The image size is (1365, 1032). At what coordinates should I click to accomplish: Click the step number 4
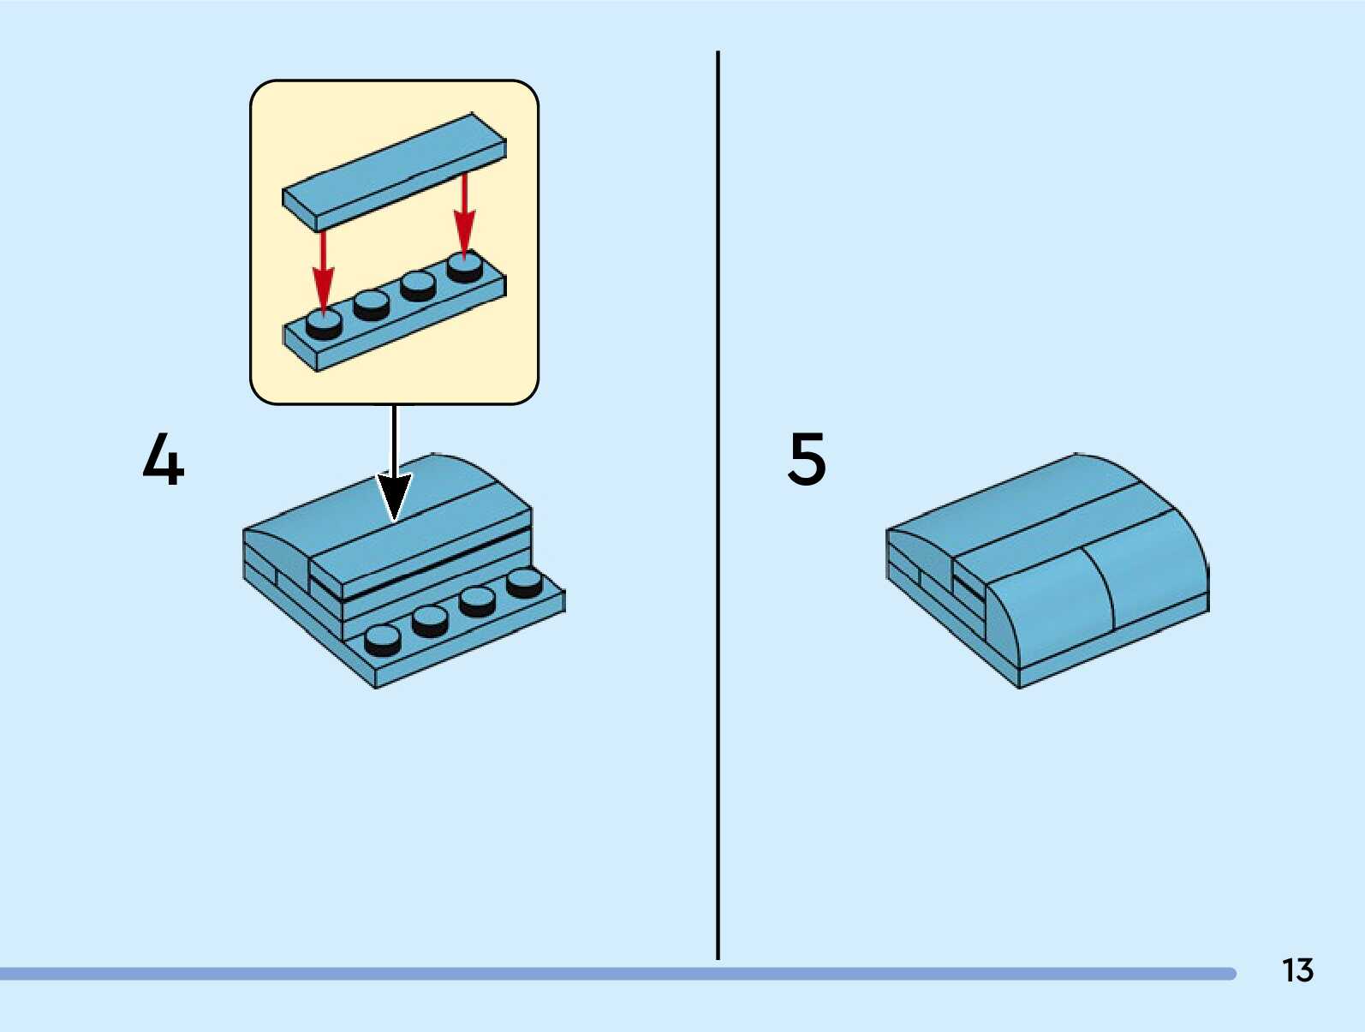[163, 460]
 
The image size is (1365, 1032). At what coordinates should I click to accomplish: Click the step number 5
[807, 459]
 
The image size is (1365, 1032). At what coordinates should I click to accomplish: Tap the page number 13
[1297, 970]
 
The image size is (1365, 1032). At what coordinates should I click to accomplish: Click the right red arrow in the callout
[464, 214]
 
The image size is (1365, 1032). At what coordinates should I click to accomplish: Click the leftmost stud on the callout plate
[325, 324]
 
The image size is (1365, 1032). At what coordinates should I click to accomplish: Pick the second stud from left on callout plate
[372, 304]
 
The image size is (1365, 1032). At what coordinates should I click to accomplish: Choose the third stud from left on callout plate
[418, 285]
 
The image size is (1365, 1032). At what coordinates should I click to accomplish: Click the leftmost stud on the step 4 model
[382, 639]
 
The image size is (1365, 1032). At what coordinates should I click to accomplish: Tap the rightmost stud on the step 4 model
[524, 582]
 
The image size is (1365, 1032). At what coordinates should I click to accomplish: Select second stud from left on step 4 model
[430, 620]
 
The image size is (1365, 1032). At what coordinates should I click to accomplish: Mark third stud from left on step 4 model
[477, 601]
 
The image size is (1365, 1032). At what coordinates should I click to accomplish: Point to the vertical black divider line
[718, 505]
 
